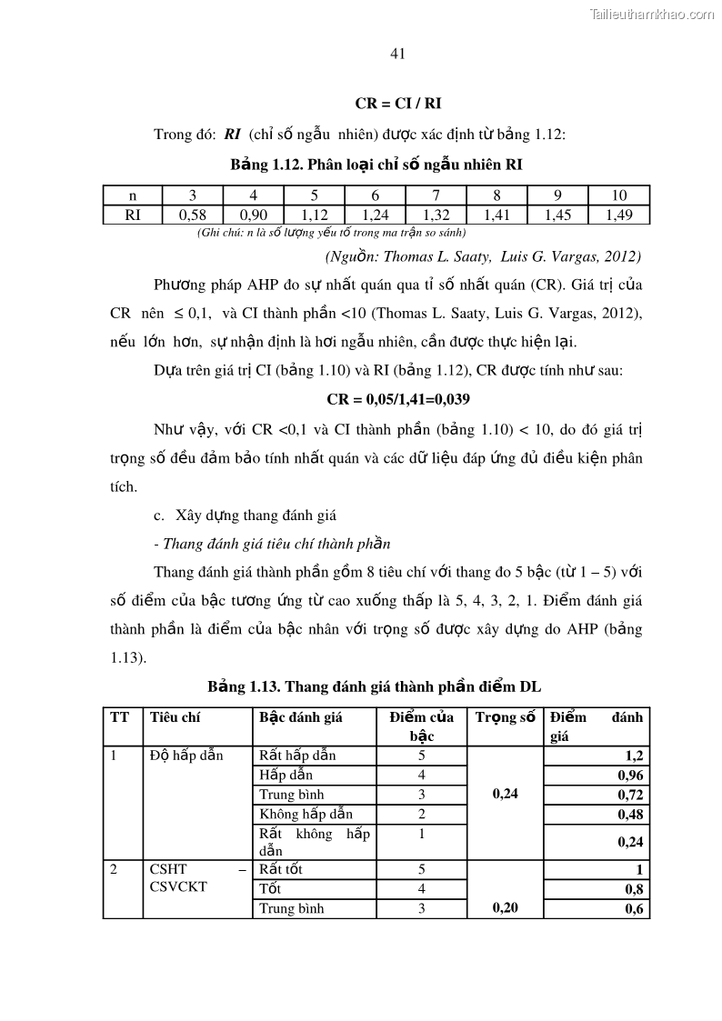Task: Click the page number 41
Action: (x=396, y=54)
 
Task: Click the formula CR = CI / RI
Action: (x=398, y=105)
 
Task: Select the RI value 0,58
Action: (x=192, y=215)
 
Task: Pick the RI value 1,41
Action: (x=496, y=215)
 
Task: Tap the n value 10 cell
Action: (x=618, y=195)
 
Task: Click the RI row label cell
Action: (x=132, y=215)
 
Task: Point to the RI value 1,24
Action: (x=375, y=215)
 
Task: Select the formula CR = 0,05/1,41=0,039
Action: (x=398, y=399)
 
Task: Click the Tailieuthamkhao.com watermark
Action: (x=653, y=14)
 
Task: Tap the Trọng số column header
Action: (x=505, y=717)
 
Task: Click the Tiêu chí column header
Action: (x=175, y=717)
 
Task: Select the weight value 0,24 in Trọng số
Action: (x=505, y=794)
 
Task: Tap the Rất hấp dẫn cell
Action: (x=291, y=755)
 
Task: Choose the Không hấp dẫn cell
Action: (x=306, y=814)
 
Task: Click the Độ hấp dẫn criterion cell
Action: (x=186, y=755)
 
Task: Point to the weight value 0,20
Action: (x=505, y=907)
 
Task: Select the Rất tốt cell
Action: (x=281, y=869)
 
